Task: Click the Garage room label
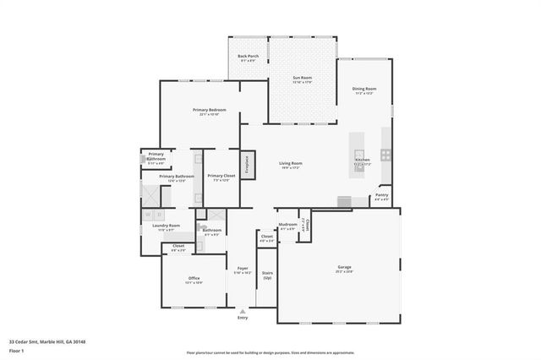tap(344, 268)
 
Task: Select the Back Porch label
tap(248, 57)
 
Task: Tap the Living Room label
tap(291, 164)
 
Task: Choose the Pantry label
tap(382, 197)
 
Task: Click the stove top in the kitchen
tap(385, 154)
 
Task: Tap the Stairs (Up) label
tap(267, 275)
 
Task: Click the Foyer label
tap(243, 270)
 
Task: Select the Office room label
tap(194, 280)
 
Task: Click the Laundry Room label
tap(166, 226)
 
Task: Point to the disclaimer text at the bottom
tap(270, 353)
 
